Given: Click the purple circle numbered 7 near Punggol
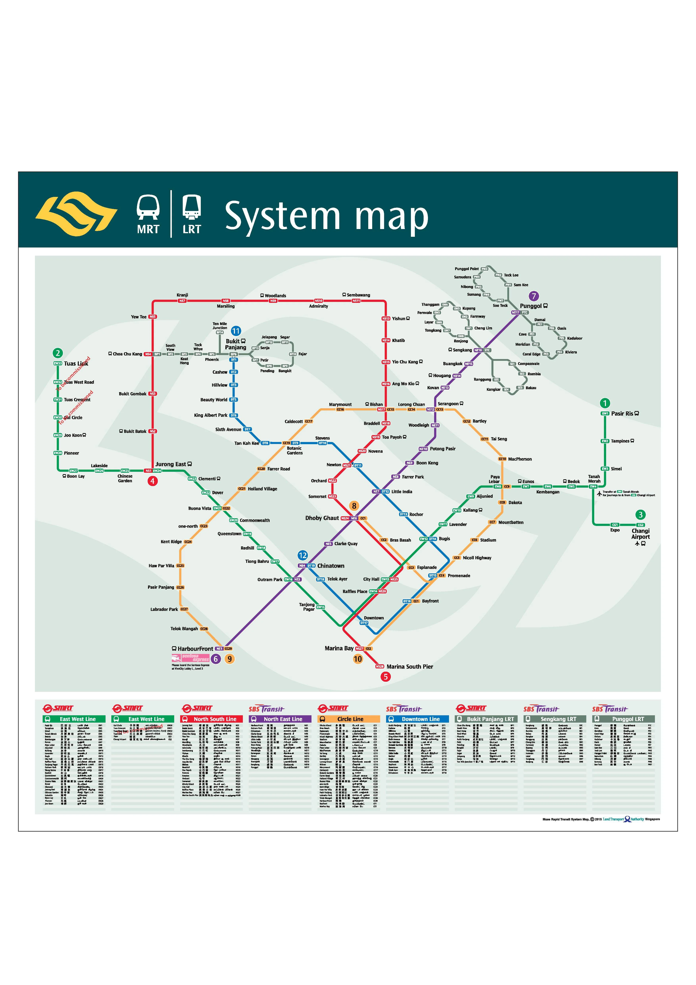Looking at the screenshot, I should point(534,296).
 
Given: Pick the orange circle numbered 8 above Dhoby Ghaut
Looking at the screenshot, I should point(354,506).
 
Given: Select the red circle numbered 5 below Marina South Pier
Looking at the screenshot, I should point(385,677).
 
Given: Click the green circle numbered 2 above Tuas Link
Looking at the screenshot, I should point(58,353).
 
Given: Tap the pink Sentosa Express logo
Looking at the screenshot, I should point(190,658).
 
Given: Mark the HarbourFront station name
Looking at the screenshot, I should point(195,649).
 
